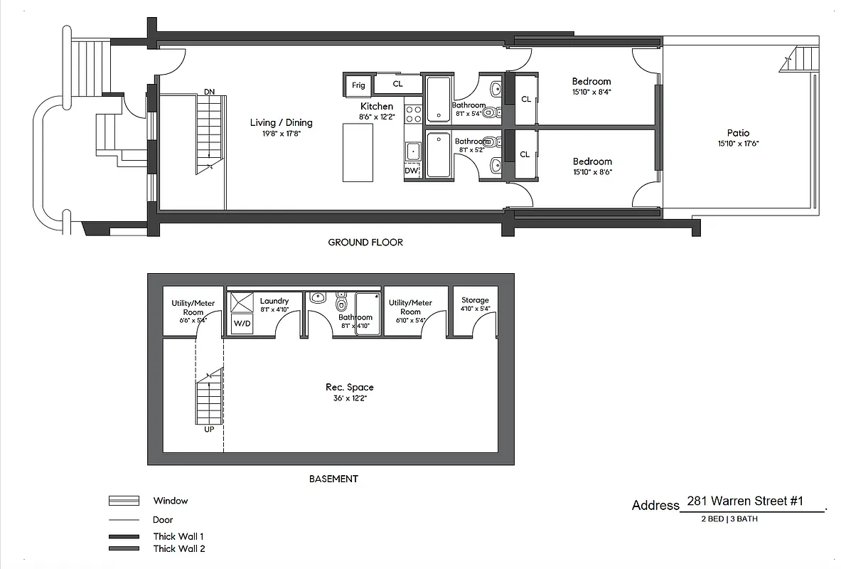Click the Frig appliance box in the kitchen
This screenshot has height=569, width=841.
(358, 85)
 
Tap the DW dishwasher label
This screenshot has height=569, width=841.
(412, 171)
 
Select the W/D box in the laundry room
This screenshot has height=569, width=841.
(242, 324)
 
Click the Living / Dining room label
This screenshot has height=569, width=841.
(281, 122)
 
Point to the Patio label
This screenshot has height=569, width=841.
(738, 133)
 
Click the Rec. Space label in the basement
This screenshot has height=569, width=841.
(349, 387)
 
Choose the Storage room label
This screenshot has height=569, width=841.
(475, 300)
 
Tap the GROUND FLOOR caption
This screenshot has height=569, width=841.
(365, 243)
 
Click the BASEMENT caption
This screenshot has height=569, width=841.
(333, 479)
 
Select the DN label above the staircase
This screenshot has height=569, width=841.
(209, 92)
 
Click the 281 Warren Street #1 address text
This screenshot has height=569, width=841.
(745, 501)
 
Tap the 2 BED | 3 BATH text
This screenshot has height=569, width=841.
(729, 519)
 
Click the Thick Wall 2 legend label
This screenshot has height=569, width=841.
(179, 548)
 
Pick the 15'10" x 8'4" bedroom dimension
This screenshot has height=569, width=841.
(591, 92)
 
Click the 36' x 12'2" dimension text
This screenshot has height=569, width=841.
(349, 398)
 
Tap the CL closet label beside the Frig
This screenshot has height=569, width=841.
(397, 84)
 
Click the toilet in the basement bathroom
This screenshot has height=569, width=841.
(341, 304)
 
